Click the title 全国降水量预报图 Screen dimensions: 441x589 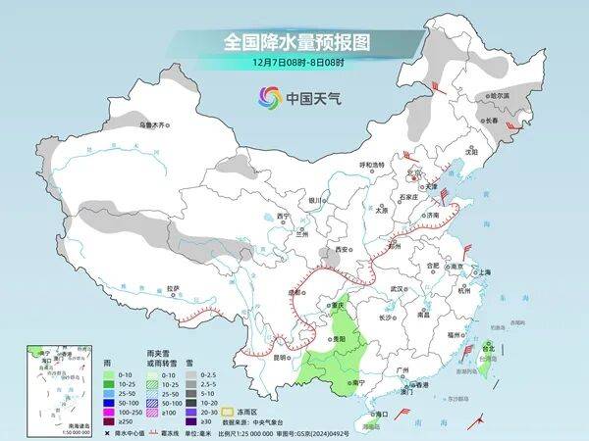point(294,42)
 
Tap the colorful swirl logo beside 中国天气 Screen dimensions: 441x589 point(269,97)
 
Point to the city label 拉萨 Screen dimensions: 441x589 point(173,288)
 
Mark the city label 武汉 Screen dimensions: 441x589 point(398,289)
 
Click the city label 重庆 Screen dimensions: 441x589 point(341,306)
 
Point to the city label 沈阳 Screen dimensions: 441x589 point(471,153)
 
